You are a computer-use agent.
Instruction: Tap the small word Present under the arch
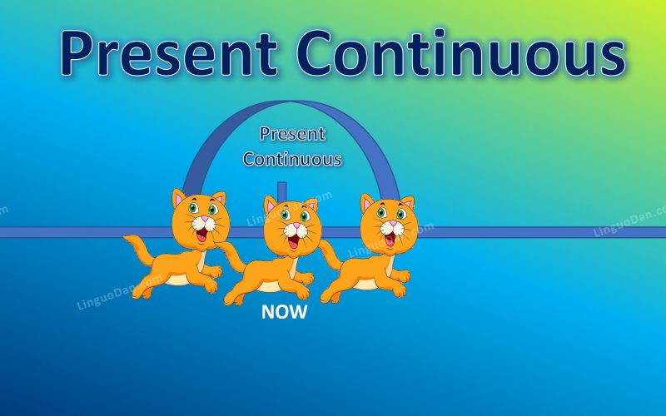click(292, 133)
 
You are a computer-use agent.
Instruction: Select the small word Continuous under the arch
click(292, 158)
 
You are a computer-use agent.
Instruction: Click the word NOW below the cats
click(284, 313)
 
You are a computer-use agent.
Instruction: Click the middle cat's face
click(292, 226)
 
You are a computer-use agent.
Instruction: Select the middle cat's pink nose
click(293, 226)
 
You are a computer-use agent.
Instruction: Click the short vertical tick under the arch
click(282, 191)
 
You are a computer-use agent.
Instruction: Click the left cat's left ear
click(179, 199)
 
